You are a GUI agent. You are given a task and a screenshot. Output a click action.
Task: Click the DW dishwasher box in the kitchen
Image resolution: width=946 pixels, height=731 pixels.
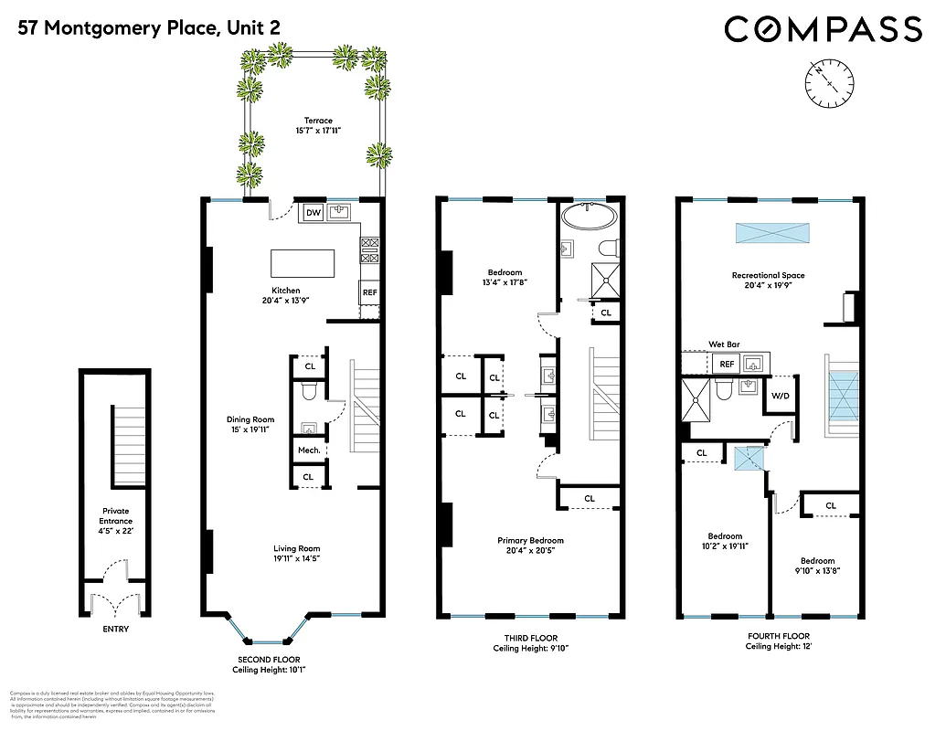click(x=313, y=213)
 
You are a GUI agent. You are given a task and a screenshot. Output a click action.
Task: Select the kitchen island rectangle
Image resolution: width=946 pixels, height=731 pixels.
click(x=303, y=263)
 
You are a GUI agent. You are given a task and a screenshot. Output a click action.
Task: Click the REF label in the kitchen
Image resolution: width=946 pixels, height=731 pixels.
click(x=369, y=293)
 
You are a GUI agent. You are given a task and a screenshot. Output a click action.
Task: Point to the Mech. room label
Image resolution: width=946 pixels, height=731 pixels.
click(x=307, y=450)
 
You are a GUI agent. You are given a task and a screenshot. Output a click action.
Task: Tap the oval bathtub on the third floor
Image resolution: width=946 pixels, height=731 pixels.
click(x=590, y=216)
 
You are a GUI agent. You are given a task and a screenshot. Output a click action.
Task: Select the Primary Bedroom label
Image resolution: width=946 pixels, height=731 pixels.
click(x=530, y=540)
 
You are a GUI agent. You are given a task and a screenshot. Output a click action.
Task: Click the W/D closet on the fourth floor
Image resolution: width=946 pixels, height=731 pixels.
click(x=781, y=396)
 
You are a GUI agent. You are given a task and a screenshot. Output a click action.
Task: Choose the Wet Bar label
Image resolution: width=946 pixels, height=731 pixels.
click(x=724, y=344)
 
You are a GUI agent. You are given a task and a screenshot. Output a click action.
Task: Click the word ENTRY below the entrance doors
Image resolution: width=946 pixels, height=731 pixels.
click(x=115, y=629)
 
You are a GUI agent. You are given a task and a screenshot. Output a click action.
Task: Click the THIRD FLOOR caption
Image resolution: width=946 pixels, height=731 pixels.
click(x=530, y=638)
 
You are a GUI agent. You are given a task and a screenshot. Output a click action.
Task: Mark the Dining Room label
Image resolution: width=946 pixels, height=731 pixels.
click(x=250, y=419)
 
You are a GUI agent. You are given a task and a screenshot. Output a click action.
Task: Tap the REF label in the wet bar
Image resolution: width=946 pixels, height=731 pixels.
click(x=727, y=364)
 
